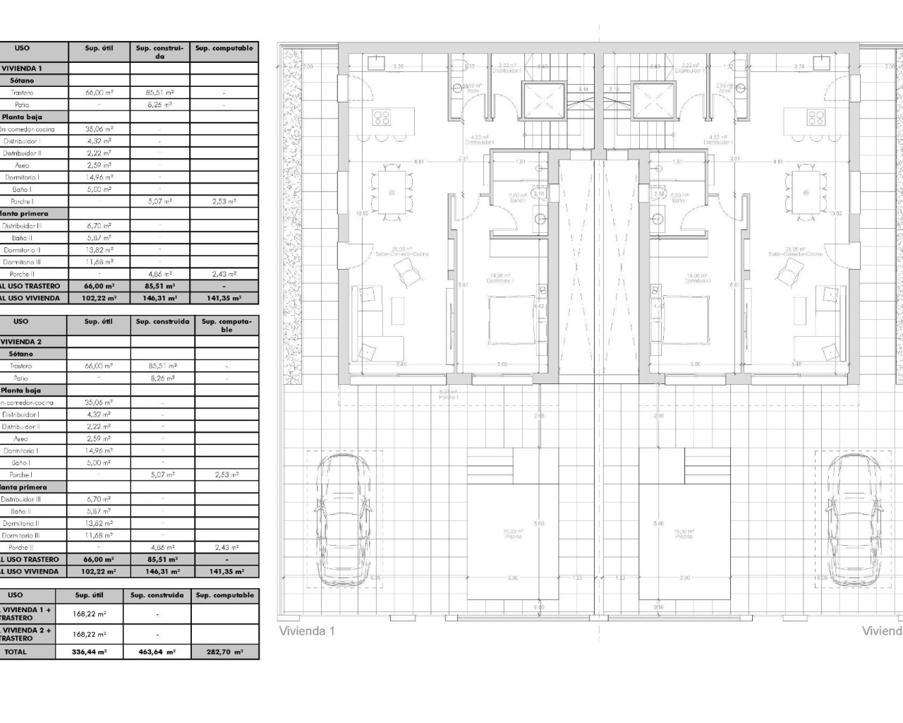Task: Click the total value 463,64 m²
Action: pyautogui.click(x=157, y=652)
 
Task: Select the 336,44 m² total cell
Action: pyautogui.click(x=90, y=652)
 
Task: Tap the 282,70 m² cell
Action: pyautogui.click(x=225, y=652)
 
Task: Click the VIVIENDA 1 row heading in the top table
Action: pyautogui.click(x=23, y=68)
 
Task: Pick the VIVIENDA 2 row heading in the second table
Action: pyautogui.click(x=23, y=342)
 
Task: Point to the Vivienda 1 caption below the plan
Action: pyautogui.click(x=307, y=631)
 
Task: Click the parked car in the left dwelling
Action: pyautogui.click(x=343, y=518)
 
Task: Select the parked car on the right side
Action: pyautogui.click(x=854, y=518)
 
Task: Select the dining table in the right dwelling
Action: pyautogui.click(x=804, y=191)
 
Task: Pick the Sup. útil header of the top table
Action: pyautogui.click(x=99, y=49)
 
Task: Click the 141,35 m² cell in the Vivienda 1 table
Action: pyautogui.click(x=225, y=299)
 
